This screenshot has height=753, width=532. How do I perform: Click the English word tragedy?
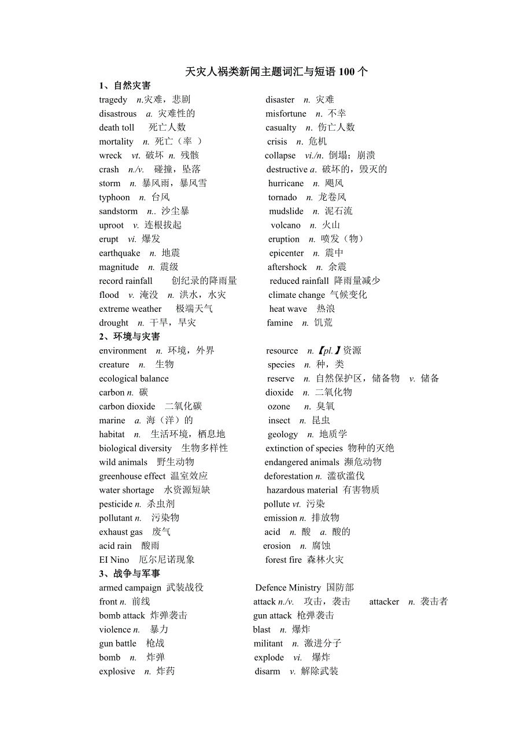[x=113, y=100]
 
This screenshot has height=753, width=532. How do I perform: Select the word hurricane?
[x=286, y=183]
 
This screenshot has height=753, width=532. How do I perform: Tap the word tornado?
[x=283, y=198]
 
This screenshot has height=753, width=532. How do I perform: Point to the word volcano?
[x=286, y=226]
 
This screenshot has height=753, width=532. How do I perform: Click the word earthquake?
[x=120, y=253]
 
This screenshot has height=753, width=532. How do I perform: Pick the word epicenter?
[x=286, y=253]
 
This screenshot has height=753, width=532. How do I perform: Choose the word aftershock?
[x=287, y=267]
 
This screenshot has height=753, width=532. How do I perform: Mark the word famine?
[x=280, y=323]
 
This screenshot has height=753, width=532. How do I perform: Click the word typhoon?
[x=114, y=198]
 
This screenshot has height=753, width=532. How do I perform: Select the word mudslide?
[x=286, y=212]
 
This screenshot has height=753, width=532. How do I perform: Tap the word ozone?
[x=279, y=407]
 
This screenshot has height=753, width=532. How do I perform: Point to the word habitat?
[x=112, y=434]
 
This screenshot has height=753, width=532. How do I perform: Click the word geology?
[x=283, y=434]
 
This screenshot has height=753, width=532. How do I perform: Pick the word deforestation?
[x=289, y=476]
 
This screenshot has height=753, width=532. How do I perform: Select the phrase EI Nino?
[x=114, y=560]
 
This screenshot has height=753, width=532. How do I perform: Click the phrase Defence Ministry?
[x=288, y=588]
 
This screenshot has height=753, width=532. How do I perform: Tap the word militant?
[x=268, y=643]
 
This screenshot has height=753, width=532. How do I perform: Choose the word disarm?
[x=267, y=671]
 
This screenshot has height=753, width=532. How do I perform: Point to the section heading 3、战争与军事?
[x=130, y=574]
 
